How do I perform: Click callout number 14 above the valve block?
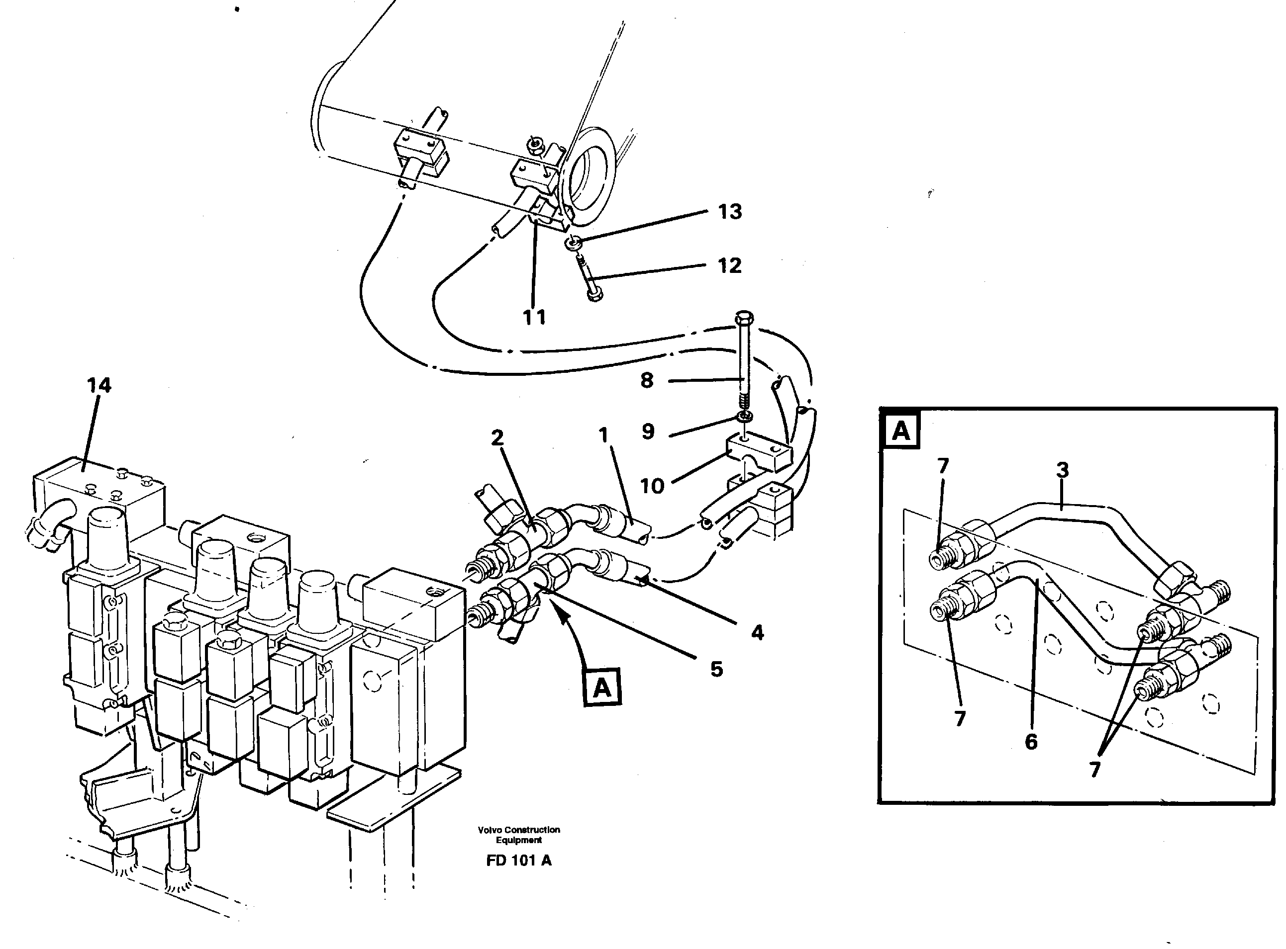[x=99, y=385]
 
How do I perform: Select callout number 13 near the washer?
[x=729, y=212]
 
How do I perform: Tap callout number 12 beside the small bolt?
[x=729, y=266]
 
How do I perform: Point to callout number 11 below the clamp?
[x=534, y=317]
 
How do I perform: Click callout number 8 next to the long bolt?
[x=647, y=380]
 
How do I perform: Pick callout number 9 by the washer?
[x=648, y=431]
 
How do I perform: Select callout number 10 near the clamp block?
[x=652, y=487]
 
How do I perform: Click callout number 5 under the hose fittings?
[x=716, y=669]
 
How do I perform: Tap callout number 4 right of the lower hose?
[x=757, y=633]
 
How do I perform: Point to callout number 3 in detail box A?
[x=1062, y=470]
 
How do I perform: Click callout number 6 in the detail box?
[x=1031, y=742]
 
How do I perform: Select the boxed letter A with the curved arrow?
[x=602, y=687]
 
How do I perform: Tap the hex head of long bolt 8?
[x=744, y=317]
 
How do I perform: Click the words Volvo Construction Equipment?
[x=518, y=835]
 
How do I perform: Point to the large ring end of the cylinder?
[x=589, y=178]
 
